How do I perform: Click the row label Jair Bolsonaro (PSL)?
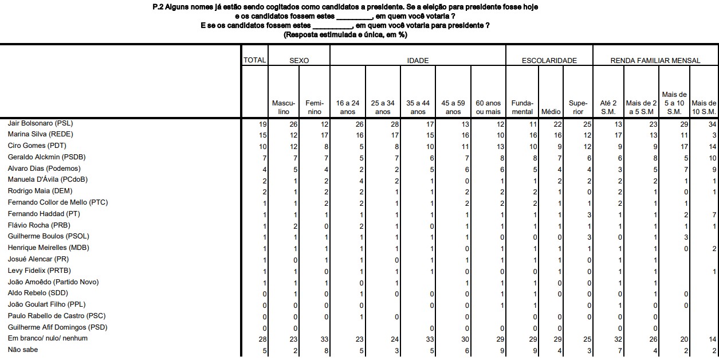40,123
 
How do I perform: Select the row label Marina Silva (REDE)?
40,134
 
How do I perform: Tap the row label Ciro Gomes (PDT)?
34,146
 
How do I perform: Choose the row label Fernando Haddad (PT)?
44,214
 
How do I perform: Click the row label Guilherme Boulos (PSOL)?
48,236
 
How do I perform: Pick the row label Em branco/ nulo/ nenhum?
48,338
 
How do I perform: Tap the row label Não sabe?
23,349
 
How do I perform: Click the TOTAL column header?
255,60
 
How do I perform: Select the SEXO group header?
299,60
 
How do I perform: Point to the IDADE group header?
418,60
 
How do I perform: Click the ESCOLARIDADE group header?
549,60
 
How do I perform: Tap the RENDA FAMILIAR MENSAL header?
655,60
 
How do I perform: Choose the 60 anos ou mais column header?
488,107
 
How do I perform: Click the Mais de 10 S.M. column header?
704,107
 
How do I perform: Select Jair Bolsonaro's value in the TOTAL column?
262,124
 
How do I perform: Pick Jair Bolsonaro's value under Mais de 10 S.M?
712,124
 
